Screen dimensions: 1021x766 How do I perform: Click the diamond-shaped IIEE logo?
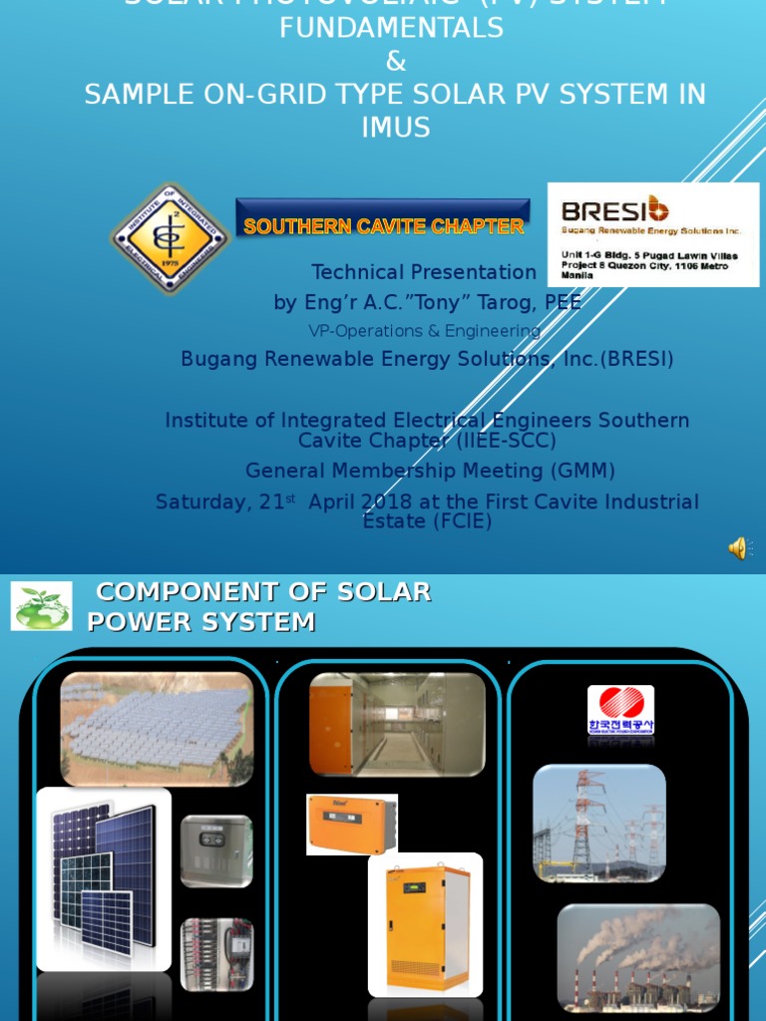tap(170, 237)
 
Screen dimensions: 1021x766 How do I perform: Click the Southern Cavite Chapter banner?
tap(383, 225)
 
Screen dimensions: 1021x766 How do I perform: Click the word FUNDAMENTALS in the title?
tap(392, 29)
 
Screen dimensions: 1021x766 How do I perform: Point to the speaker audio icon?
tap(738, 547)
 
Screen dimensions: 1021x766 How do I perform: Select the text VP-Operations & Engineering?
tap(424, 331)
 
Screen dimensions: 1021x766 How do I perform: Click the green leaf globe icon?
tap(41, 606)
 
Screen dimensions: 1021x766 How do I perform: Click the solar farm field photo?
tap(157, 728)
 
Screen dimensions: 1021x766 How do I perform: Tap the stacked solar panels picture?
tap(104, 877)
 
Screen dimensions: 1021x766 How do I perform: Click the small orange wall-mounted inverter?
tap(351, 824)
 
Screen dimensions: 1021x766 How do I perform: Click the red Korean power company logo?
tap(620, 709)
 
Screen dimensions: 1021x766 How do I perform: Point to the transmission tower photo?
tap(598, 824)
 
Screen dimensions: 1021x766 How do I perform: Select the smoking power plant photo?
tap(638, 957)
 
